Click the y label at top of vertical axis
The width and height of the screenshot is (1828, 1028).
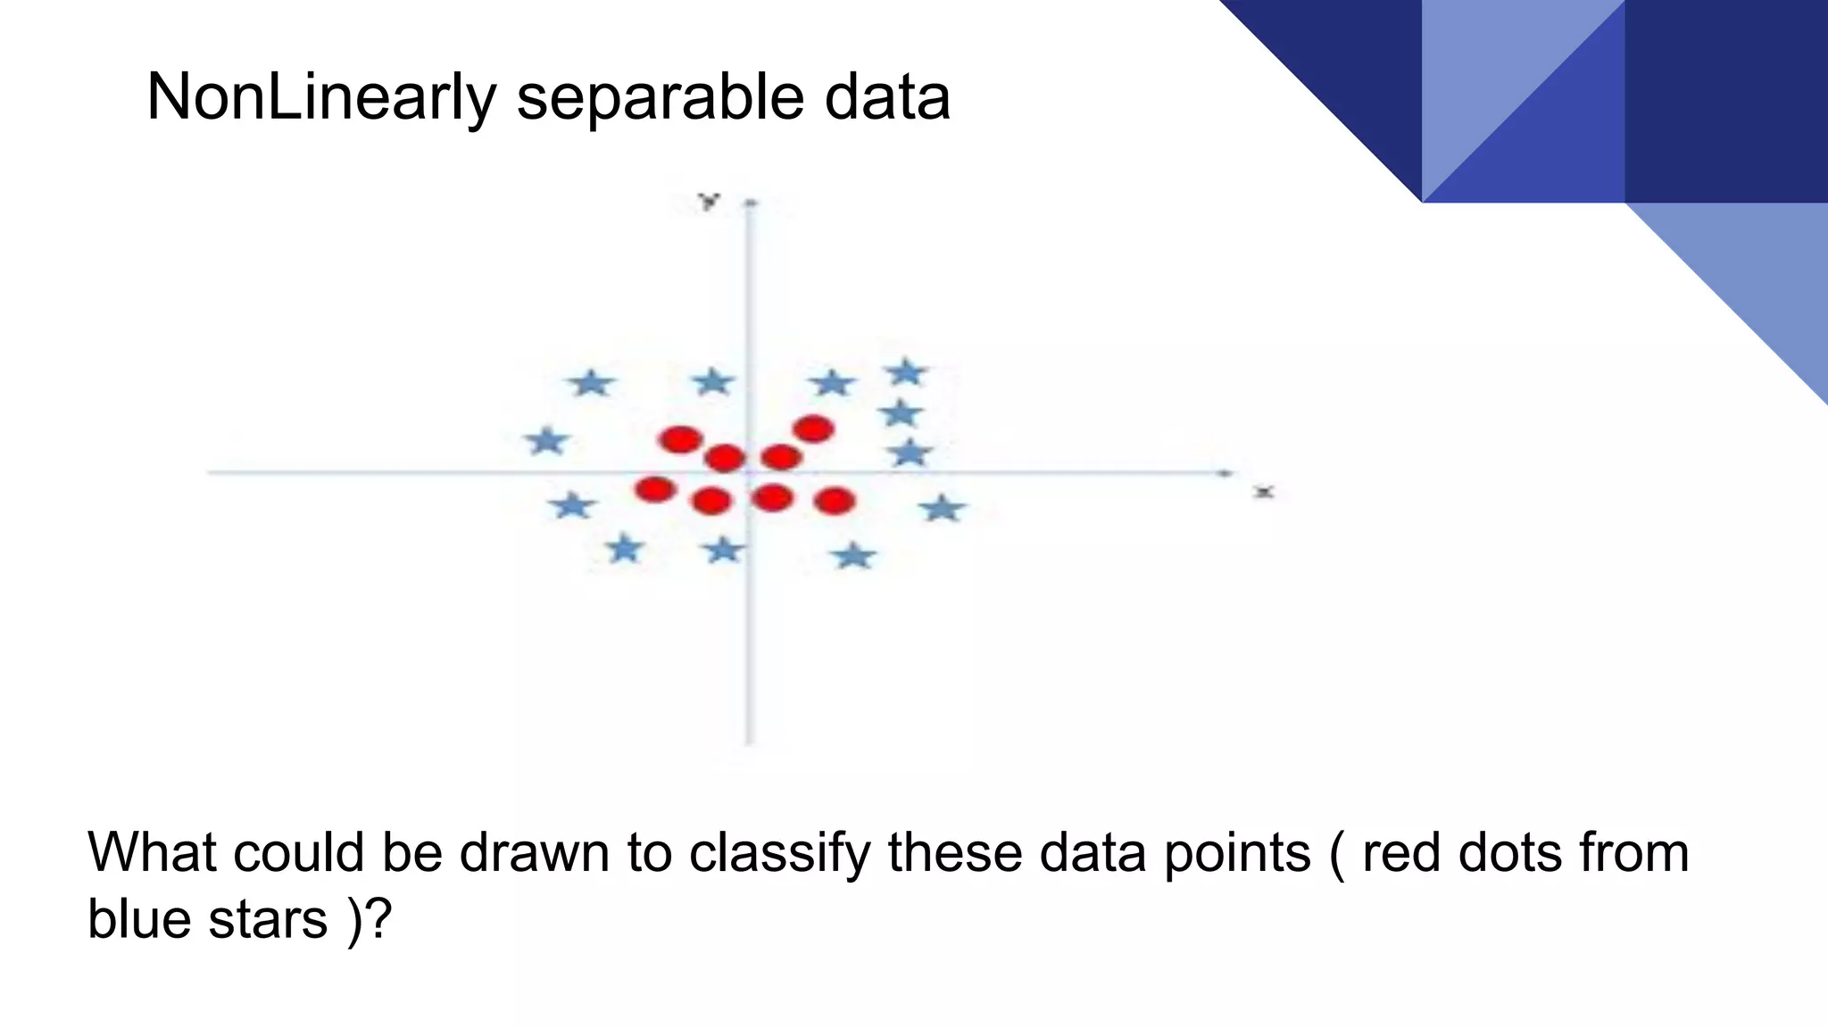pos(710,202)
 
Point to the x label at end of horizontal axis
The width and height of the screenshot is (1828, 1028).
pos(1264,492)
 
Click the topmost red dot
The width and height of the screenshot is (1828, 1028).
pos(813,429)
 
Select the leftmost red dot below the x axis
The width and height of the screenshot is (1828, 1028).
pos(655,489)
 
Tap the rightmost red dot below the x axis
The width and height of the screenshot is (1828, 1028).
pos(835,501)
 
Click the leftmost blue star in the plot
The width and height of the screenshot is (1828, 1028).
pos(546,441)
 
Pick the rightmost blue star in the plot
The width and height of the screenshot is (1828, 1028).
pos(943,510)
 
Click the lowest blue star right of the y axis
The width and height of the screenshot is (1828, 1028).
pos(854,557)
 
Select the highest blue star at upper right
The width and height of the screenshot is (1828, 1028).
pos(907,372)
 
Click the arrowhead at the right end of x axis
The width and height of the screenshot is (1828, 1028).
pos(1227,472)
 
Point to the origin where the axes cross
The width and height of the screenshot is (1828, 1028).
pos(749,472)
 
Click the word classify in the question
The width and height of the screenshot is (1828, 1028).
pos(778,853)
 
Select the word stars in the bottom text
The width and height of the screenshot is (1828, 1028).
pos(268,919)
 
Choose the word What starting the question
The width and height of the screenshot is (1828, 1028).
pos(152,853)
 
